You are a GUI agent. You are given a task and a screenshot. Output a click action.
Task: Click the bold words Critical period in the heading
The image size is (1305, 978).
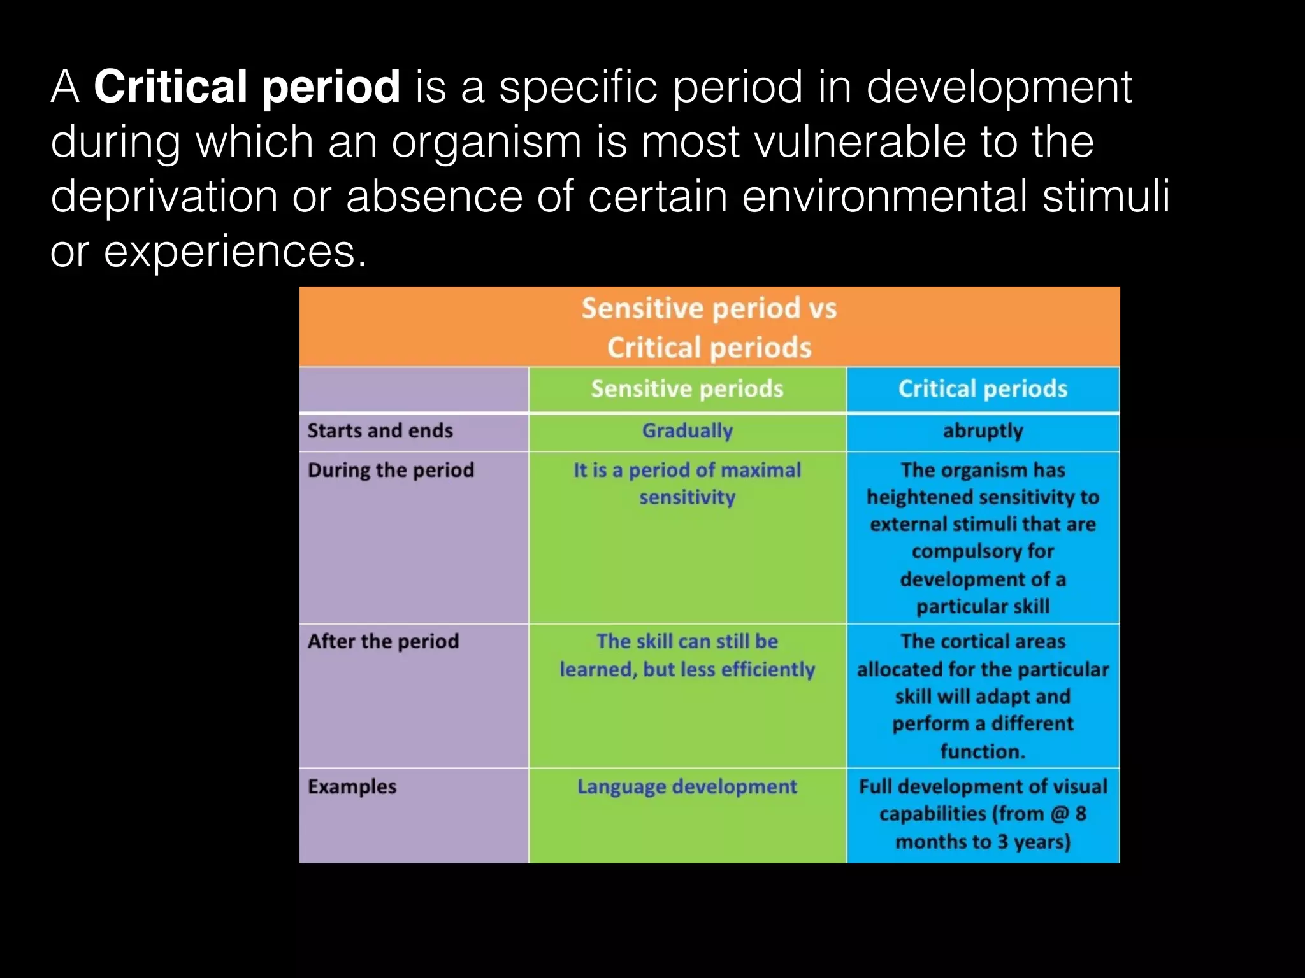(247, 87)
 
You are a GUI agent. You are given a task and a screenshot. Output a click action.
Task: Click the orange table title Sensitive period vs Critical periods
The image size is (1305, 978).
(709, 327)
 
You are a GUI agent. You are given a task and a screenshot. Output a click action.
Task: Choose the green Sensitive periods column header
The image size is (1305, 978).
(687, 389)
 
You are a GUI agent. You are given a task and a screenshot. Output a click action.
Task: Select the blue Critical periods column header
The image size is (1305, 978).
(983, 389)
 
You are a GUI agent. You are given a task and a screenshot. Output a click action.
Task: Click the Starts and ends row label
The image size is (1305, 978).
(380, 431)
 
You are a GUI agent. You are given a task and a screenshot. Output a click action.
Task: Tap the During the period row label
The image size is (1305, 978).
(391, 471)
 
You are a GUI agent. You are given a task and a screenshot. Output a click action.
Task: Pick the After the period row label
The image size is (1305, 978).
(383, 641)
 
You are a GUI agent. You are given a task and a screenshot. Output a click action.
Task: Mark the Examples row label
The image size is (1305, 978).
(352, 787)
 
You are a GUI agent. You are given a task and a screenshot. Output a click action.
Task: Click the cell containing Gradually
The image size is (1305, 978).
(687, 431)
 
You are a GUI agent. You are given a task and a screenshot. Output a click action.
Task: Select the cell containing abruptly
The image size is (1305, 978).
(983, 431)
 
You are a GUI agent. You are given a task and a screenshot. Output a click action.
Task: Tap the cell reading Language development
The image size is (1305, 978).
(687, 787)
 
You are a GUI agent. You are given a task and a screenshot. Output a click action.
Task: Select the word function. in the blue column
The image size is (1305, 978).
(983, 752)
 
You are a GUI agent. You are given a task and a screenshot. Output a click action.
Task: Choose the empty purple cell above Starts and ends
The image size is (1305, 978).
(414, 389)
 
